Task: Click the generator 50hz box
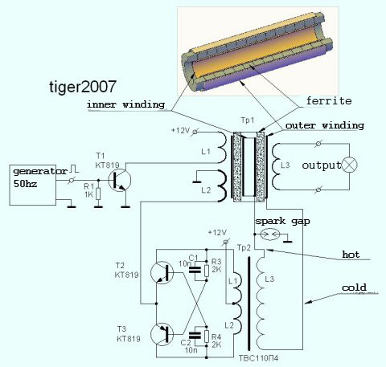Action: (33, 185)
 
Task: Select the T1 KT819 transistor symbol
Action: (120, 180)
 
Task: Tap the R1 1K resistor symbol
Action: (98, 194)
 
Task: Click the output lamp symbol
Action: (350, 165)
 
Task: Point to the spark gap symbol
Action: (270, 234)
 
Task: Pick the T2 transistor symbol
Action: (162, 272)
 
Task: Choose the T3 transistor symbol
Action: (162, 335)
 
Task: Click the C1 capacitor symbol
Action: (195, 270)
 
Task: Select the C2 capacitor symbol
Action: (195, 336)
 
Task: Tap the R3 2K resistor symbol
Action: (206, 271)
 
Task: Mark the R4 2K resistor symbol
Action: (206, 336)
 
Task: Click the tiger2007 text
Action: (83, 88)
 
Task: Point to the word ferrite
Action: (329, 101)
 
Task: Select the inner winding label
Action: (125, 104)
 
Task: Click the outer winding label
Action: (325, 125)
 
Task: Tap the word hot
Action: (351, 255)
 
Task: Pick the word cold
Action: (354, 287)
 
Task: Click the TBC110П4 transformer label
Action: (258, 358)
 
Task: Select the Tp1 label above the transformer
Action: (248, 120)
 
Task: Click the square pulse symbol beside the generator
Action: (74, 169)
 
